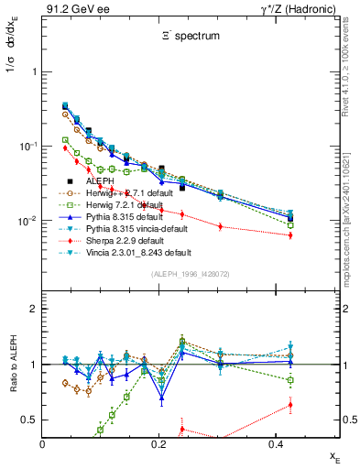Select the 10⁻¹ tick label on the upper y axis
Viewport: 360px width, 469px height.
25,147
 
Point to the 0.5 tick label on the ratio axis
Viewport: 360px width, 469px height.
28,420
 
